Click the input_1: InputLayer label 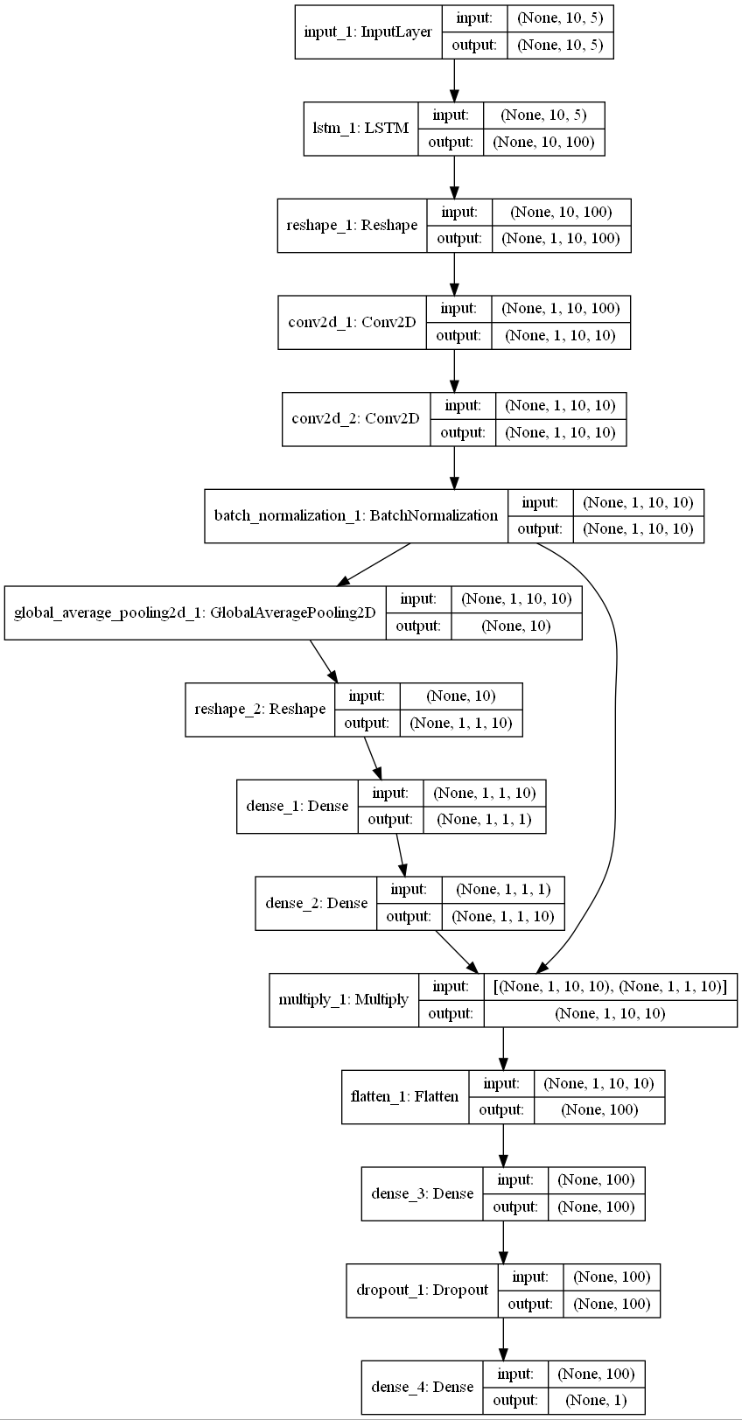pos(367,32)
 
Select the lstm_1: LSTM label pos(360,129)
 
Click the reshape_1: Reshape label pos(352,226)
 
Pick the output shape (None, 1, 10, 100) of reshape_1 pos(561,238)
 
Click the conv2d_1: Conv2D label pos(352,322)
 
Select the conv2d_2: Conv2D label pos(355,418)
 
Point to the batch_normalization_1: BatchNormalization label pos(356,515)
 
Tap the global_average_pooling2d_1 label pos(195,612)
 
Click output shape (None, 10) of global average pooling pos(516,626)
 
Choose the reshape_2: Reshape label pos(260,709)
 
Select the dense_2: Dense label pos(317,903)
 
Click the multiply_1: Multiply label pos(343,999)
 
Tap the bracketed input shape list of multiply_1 pos(610,986)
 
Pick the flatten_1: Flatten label pos(404,1096)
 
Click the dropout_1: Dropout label pos(422,1290)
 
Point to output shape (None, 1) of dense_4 pos(596,1400)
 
